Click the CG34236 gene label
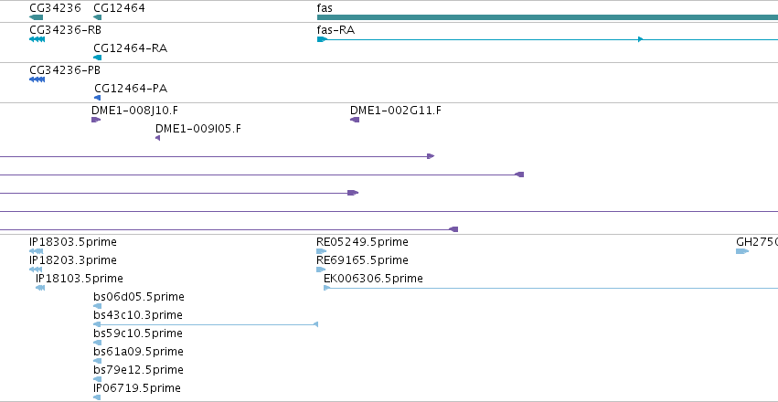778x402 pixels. [55, 8]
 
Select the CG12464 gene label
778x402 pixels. [119, 8]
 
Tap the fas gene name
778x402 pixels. [325, 8]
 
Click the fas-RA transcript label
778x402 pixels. [336, 30]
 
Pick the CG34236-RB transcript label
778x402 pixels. [65, 30]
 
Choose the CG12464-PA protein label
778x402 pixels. [131, 89]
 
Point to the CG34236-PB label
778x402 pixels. [65, 69]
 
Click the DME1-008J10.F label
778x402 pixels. [134, 110]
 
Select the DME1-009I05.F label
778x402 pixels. [198, 129]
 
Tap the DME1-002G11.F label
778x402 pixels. [396, 110]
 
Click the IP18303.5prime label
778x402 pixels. [73, 242]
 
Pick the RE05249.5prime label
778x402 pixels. [362, 242]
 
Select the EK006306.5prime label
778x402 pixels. [373, 279]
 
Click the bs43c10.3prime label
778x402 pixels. [138, 315]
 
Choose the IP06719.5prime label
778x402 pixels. [137, 387]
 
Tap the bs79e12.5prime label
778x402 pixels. [138, 370]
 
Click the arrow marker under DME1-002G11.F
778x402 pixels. [355, 120]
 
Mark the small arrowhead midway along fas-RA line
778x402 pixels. [641, 39]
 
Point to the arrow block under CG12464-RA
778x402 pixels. [97, 58]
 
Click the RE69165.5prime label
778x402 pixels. [362, 260]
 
